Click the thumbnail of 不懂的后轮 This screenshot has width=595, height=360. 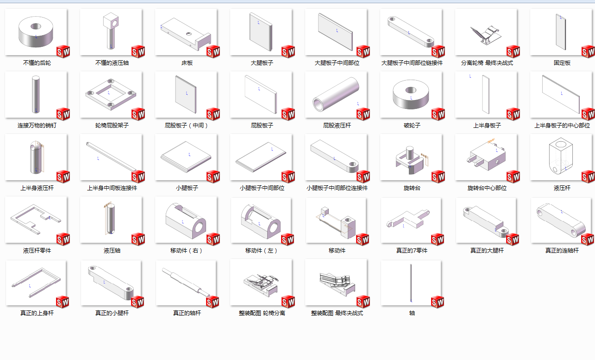click(x=36, y=32)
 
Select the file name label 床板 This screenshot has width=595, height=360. click(x=187, y=63)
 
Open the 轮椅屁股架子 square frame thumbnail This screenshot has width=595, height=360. click(x=111, y=95)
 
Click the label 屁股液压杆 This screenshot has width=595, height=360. click(x=337, y=126)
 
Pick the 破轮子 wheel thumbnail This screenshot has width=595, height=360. click(x=411, y=95)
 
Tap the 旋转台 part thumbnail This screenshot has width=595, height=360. click(x=411, y=158)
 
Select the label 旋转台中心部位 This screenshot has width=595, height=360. click(x=487, y=188)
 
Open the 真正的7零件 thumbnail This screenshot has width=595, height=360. click(x=411, y=221)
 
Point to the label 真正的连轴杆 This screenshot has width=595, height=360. click(x=562, y=251)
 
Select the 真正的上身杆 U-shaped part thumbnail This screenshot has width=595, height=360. click(x=36, y=283)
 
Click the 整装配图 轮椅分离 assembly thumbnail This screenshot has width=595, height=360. click(x=261, y=282)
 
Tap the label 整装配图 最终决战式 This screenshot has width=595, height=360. click(x=337, y=313)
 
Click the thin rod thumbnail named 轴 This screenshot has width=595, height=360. click(x=411, y=283)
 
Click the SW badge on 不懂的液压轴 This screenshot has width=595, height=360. click(x=138, y=51)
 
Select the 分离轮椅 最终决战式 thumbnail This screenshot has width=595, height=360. click(x=486, y=32)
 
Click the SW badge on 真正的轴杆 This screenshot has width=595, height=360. click(x=213, y=302)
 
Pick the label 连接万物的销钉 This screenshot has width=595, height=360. click(x=37, y=126)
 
